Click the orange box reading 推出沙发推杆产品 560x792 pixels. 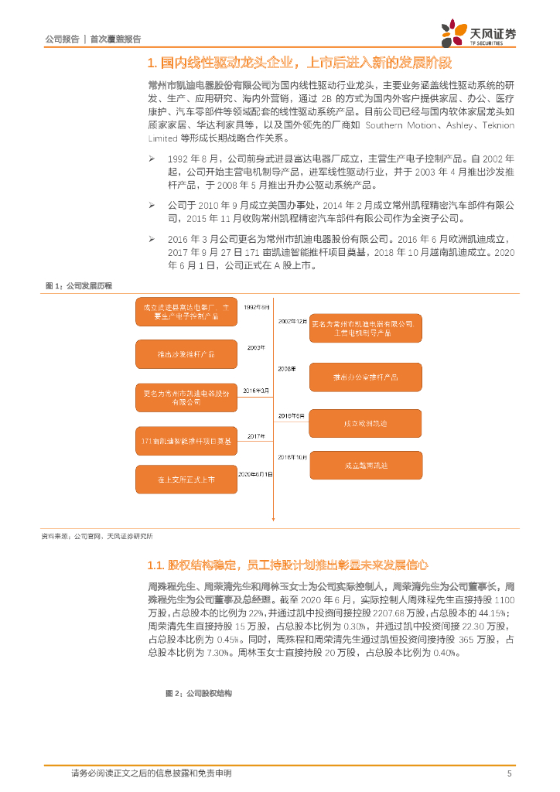186,353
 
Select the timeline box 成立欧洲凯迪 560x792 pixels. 366,424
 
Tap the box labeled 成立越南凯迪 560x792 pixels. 366,466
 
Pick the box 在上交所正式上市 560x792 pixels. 186,480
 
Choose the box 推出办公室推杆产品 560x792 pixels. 366,377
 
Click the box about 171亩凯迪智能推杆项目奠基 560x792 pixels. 186,441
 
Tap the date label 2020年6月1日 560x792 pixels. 255,473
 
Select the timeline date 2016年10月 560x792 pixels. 292,458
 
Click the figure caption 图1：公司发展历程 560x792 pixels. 79,286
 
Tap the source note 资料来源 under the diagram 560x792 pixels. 96,535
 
